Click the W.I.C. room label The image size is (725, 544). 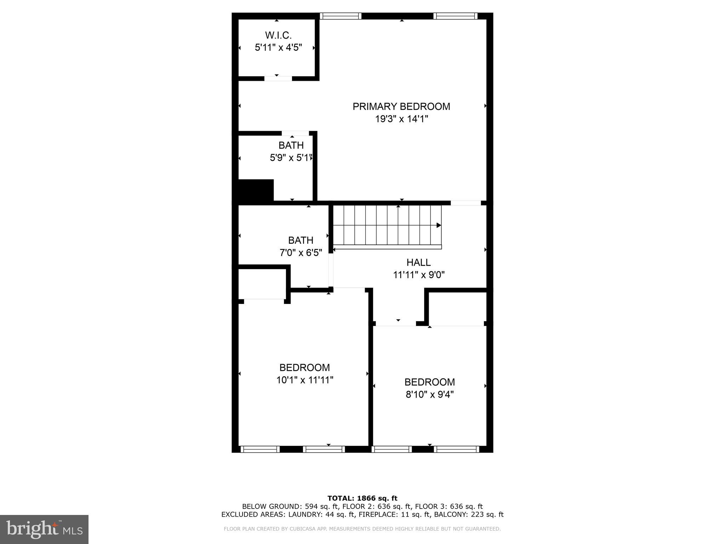(278, 35)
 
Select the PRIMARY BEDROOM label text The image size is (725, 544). (401, 107)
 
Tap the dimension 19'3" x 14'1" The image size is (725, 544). (401, 119)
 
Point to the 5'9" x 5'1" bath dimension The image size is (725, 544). (291, 158)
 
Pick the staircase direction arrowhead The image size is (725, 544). (439, 225)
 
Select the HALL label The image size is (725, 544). (418, 262)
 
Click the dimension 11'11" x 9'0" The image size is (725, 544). (419, 275)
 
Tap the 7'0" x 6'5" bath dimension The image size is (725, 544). (301, 253)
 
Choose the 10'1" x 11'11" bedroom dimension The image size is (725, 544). (305, 380)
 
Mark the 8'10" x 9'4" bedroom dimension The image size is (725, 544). (429, 395)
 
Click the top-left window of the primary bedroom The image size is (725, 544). (341, 16)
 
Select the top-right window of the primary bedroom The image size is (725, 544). (455, 16)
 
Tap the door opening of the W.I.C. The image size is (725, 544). (278, 79)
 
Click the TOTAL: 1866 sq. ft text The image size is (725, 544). (362, 498)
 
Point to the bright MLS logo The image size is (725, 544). (44, 529)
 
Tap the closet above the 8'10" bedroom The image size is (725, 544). (457, 307)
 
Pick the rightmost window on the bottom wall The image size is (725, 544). (456, 449)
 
